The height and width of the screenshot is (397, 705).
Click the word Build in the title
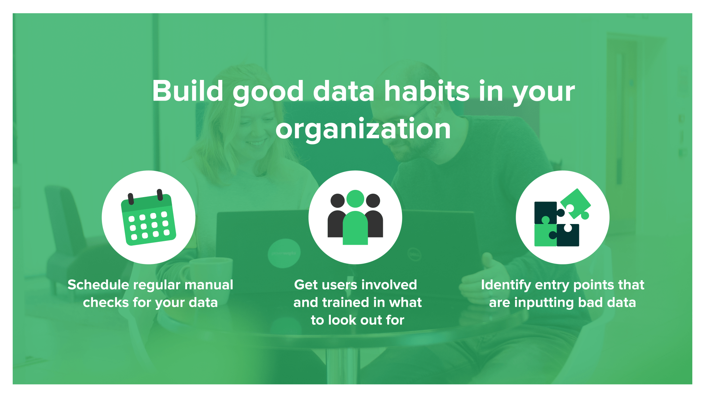(188, 91)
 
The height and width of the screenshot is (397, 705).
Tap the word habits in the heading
(427, 91)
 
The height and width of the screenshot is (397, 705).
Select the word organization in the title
(363, 129)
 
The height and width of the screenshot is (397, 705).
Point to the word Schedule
(98, 285)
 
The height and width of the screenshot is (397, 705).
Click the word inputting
(544, 303)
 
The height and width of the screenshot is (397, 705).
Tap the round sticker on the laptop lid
(284, 253)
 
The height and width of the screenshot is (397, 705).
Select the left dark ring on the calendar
(131, 199)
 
